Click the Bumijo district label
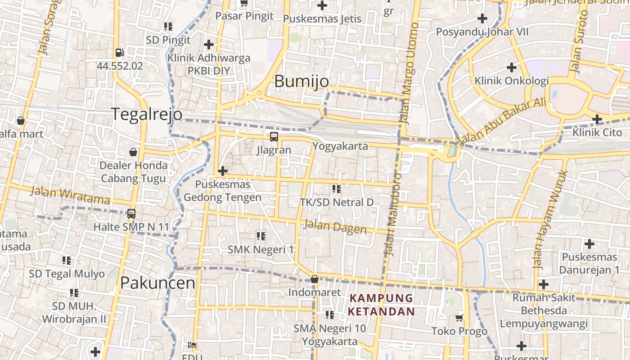301,81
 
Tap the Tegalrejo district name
147,114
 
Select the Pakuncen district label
157,283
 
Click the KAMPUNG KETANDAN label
381,305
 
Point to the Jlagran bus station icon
274,137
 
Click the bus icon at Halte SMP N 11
131,214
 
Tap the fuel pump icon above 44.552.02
119,53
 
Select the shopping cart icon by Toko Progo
459,318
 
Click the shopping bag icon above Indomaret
315,279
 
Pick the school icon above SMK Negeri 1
261,236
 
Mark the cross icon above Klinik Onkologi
512,67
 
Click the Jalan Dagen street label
335,226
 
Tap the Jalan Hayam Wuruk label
550,219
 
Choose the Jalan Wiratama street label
70,195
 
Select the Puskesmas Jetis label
322,19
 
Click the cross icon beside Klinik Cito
597,119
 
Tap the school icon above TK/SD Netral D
336,189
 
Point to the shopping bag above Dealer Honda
133,152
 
